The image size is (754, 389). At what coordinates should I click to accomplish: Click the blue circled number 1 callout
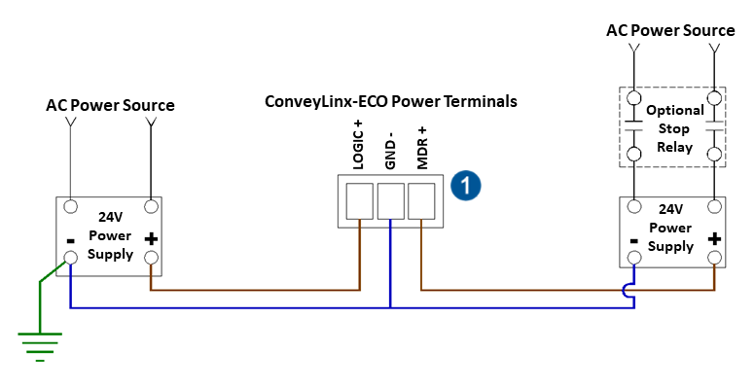pyautogui.click(x=468, y=185)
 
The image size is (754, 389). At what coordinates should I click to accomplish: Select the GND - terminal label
pyautogui.click(x=390, y=152)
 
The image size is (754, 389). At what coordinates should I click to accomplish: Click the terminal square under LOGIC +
pyautogui.click(x=360, y=200)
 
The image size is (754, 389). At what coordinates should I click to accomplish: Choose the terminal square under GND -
pyautogui.click(x=390, y=200)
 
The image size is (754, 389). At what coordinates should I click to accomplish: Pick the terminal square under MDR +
pyautogui.click(x=420, y=200)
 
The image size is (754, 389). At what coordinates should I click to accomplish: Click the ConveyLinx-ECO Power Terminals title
pyautogui.click(x=391, y=101)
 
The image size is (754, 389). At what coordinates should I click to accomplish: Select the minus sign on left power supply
pyautogui.click(x=71, y=239)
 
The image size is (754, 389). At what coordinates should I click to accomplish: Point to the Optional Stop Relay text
pyautogui.click(x=673, y=128)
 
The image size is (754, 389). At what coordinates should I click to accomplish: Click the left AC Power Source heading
pyautogui.click(x=110, y=105)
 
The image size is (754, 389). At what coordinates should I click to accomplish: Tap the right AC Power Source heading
pyautogui.click(x=671, y=30)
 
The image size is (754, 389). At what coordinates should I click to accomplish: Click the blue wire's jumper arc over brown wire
pyautogui.click(x=632, y=290)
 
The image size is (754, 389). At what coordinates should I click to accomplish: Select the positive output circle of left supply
pyautogui.click(x=151, y=258)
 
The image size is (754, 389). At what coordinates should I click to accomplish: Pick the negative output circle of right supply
pyautogui.click(x=634, y=258)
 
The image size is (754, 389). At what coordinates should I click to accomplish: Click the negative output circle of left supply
pyautogui.click(x=71, y=258)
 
